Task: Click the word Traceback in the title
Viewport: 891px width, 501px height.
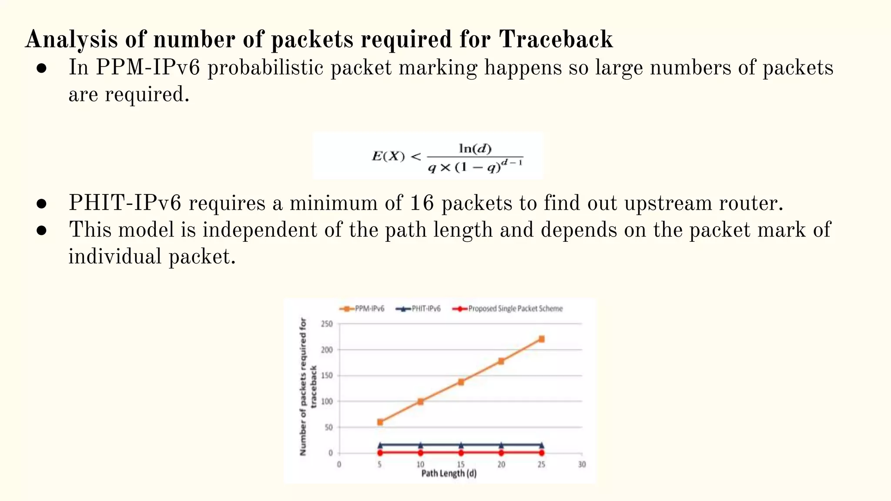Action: click(x=556, y=39)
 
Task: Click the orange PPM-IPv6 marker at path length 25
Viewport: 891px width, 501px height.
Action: click(x=541, y=339)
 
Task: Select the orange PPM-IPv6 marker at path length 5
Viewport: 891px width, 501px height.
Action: click(x=380, y=422)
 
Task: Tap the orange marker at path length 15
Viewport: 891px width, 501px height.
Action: click(x=461, y=382)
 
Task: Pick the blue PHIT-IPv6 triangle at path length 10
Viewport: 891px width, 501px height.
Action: click(x=420, y=445)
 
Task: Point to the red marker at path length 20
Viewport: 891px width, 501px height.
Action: click(x=501, y=453)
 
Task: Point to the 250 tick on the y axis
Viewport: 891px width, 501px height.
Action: click(x=327, y=324)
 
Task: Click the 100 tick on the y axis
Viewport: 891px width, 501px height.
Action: click(x=327, y=401)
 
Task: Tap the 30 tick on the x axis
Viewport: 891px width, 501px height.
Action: click(x=582, y=464)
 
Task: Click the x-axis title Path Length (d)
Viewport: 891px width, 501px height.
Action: click(x=449, y=473)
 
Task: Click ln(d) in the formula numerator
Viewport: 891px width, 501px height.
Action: click(x=475, y=149)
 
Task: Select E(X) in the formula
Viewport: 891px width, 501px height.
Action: click(x=388, y=156)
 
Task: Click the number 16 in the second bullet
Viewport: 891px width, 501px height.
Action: click(x=422, y=203)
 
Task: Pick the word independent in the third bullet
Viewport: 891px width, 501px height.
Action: click(x=259, y=230)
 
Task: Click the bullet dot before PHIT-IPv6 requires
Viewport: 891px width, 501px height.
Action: click(x=42, y=204)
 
